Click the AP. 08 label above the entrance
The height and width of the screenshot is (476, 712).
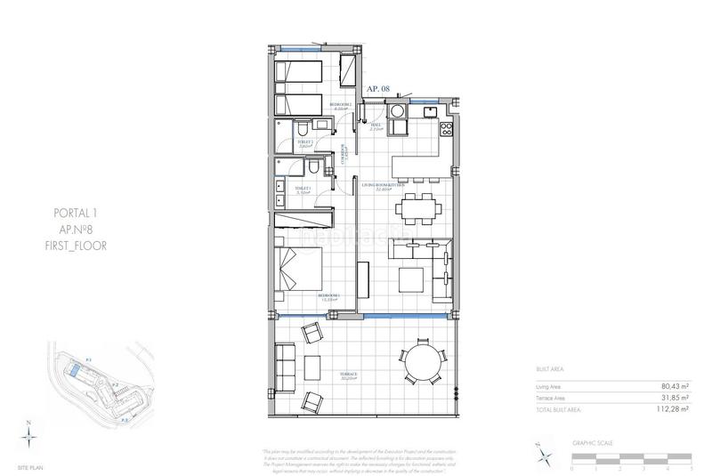pyautogui.click(x=378, y=89)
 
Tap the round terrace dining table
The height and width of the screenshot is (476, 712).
pyautogui.click(x=417, y=365)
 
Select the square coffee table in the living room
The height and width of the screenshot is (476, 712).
pyautogui.click(x=412, y=280)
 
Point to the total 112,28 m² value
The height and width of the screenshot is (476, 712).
pyautogui.click(x=674, y=410)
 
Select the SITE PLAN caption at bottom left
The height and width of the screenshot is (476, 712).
pyautogui.click(x=30, y=467)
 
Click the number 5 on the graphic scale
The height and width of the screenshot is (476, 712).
pyautogui.click(x=691, y=468)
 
